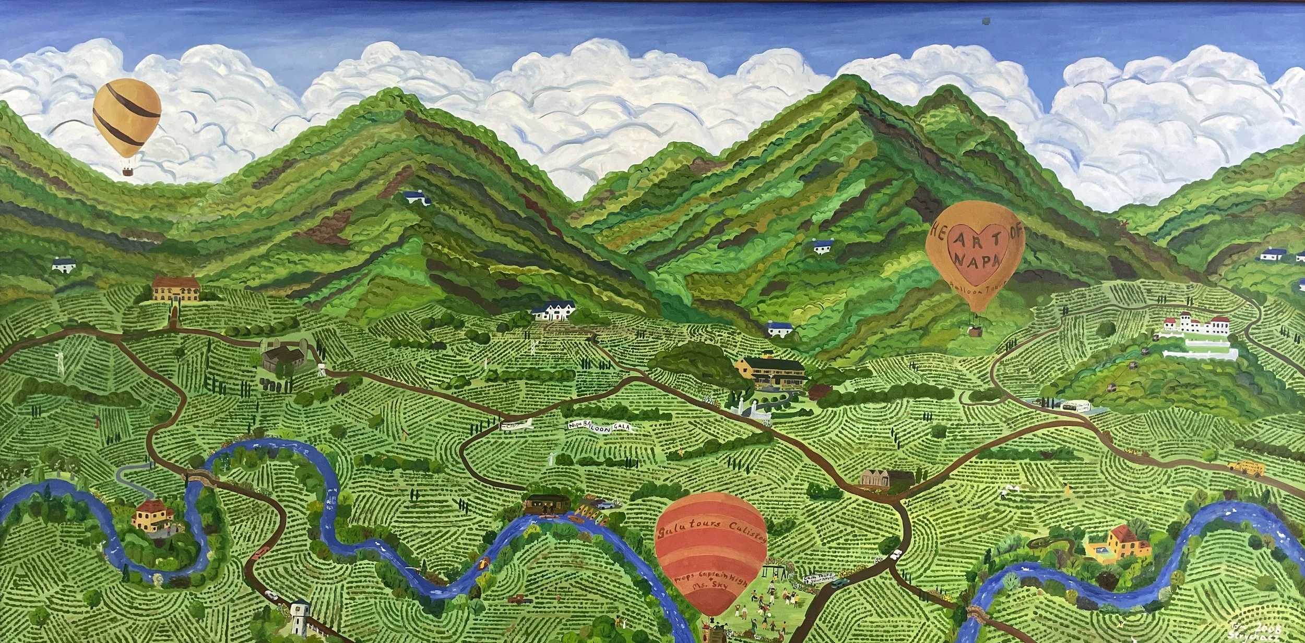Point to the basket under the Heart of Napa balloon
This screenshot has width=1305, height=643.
[975, 330]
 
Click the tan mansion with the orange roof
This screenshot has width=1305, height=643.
[175, 288]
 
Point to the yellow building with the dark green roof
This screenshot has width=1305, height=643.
[767, 371]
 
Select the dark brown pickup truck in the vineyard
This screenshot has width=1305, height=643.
[519, 599]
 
